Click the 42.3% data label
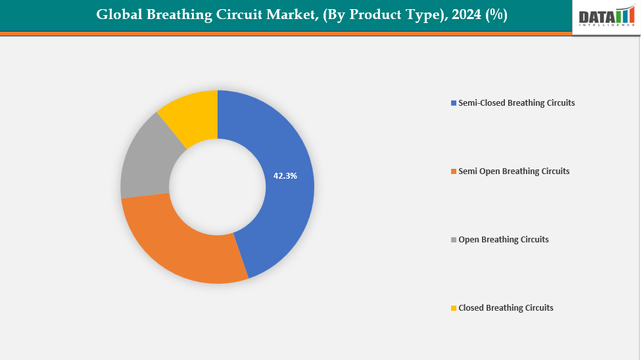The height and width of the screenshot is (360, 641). click(285, 176)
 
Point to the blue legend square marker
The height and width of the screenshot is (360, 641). click(453, 103)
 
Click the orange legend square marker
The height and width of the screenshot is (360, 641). click(453, 171)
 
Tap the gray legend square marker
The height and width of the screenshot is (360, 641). click(453, 240)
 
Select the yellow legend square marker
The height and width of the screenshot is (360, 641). click(453, 308)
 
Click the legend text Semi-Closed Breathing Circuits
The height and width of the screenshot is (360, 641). click(516, 103)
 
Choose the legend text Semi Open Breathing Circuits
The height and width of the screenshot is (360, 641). click(513, 171)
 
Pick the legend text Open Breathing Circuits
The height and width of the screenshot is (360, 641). click(503, 240)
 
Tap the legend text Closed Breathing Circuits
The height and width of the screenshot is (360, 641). click(506, 308)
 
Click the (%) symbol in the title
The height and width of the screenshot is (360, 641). click(496, 14)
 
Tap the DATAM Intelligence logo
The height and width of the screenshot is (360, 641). click(605, 16)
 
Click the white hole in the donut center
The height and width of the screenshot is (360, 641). click(218, 187)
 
